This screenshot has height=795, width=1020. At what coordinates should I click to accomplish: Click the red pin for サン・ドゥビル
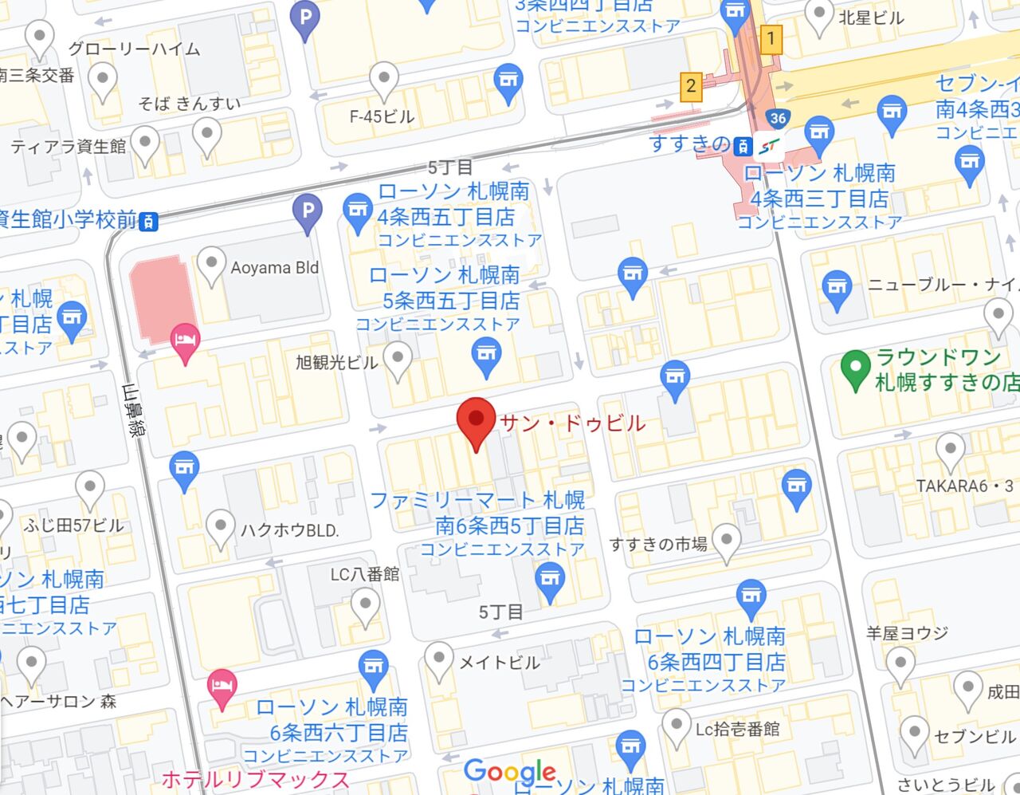click(x=476, y=421)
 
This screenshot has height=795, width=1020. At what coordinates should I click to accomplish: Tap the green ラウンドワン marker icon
click(x=855, y=369)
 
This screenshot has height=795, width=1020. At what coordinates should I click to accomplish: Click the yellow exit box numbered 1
click(x=770, y=37)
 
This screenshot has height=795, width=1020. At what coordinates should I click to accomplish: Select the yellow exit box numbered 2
click(x=690, y=86)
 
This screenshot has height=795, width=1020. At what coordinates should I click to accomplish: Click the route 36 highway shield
click(x=779, y=119)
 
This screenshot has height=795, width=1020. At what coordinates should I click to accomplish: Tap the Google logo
click(x=510, y=771)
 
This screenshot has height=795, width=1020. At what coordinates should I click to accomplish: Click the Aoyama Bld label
click(x=274, y=267)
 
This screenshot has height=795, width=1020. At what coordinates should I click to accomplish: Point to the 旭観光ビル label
click(x=336, y=362)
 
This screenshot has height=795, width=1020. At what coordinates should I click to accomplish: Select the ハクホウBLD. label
click(x=290, y=529)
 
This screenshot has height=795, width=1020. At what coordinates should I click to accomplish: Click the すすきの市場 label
click(x=658, y=544)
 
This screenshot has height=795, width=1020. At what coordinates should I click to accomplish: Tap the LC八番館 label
click(x=365, y=573)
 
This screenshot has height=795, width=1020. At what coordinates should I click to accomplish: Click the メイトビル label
click(x=499, y=662)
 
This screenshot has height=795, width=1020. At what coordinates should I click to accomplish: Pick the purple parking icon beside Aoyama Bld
click(x=307, y=211)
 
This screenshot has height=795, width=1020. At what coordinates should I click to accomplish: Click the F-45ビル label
click(x=382, y=116)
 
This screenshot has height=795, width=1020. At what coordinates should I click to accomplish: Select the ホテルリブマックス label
click(x=255, y=779)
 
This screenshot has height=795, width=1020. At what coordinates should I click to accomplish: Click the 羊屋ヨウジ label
click(x=907, y=633)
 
